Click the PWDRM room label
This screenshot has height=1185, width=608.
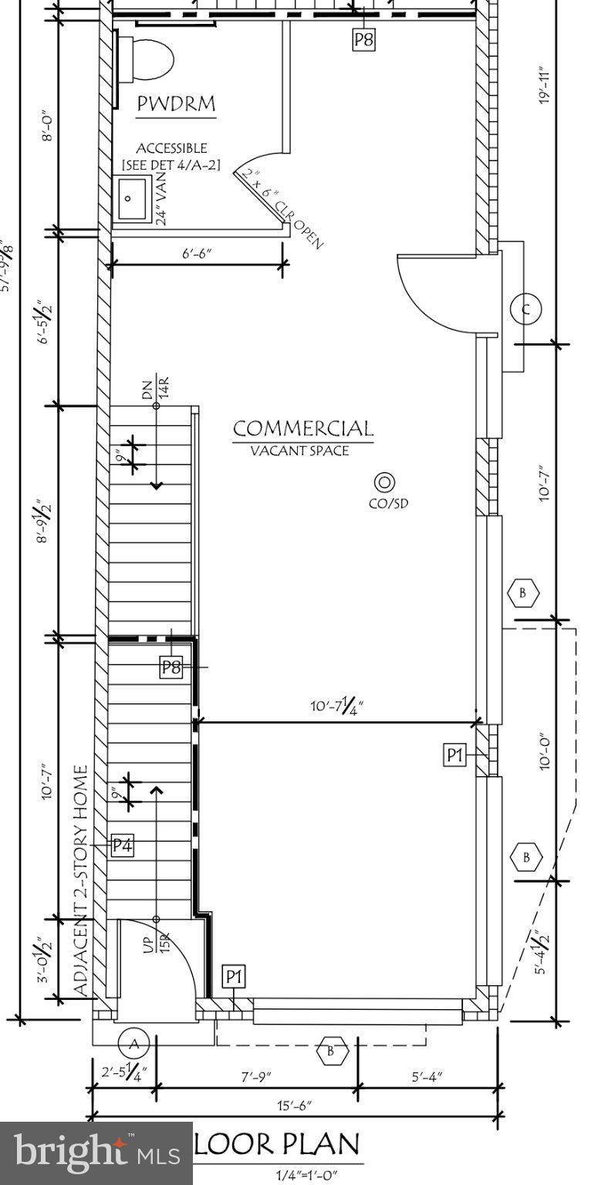tap(176, 104)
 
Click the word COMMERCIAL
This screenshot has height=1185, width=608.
tap(302, 428)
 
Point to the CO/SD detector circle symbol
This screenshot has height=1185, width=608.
tap(384, 483)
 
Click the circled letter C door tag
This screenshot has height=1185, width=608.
tap(526, 310)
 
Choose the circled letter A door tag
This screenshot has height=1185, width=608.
tap(133, 1044)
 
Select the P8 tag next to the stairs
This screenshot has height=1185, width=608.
tap(171, 667)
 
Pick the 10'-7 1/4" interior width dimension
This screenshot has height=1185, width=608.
tap(336, 706)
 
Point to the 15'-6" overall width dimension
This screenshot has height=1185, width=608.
tap(296, 1106)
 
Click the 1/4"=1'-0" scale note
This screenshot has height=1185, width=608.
tap(306, 1176)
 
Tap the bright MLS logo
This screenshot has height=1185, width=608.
tap(96, 1153)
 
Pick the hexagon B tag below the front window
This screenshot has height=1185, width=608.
tap(333, 1050)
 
